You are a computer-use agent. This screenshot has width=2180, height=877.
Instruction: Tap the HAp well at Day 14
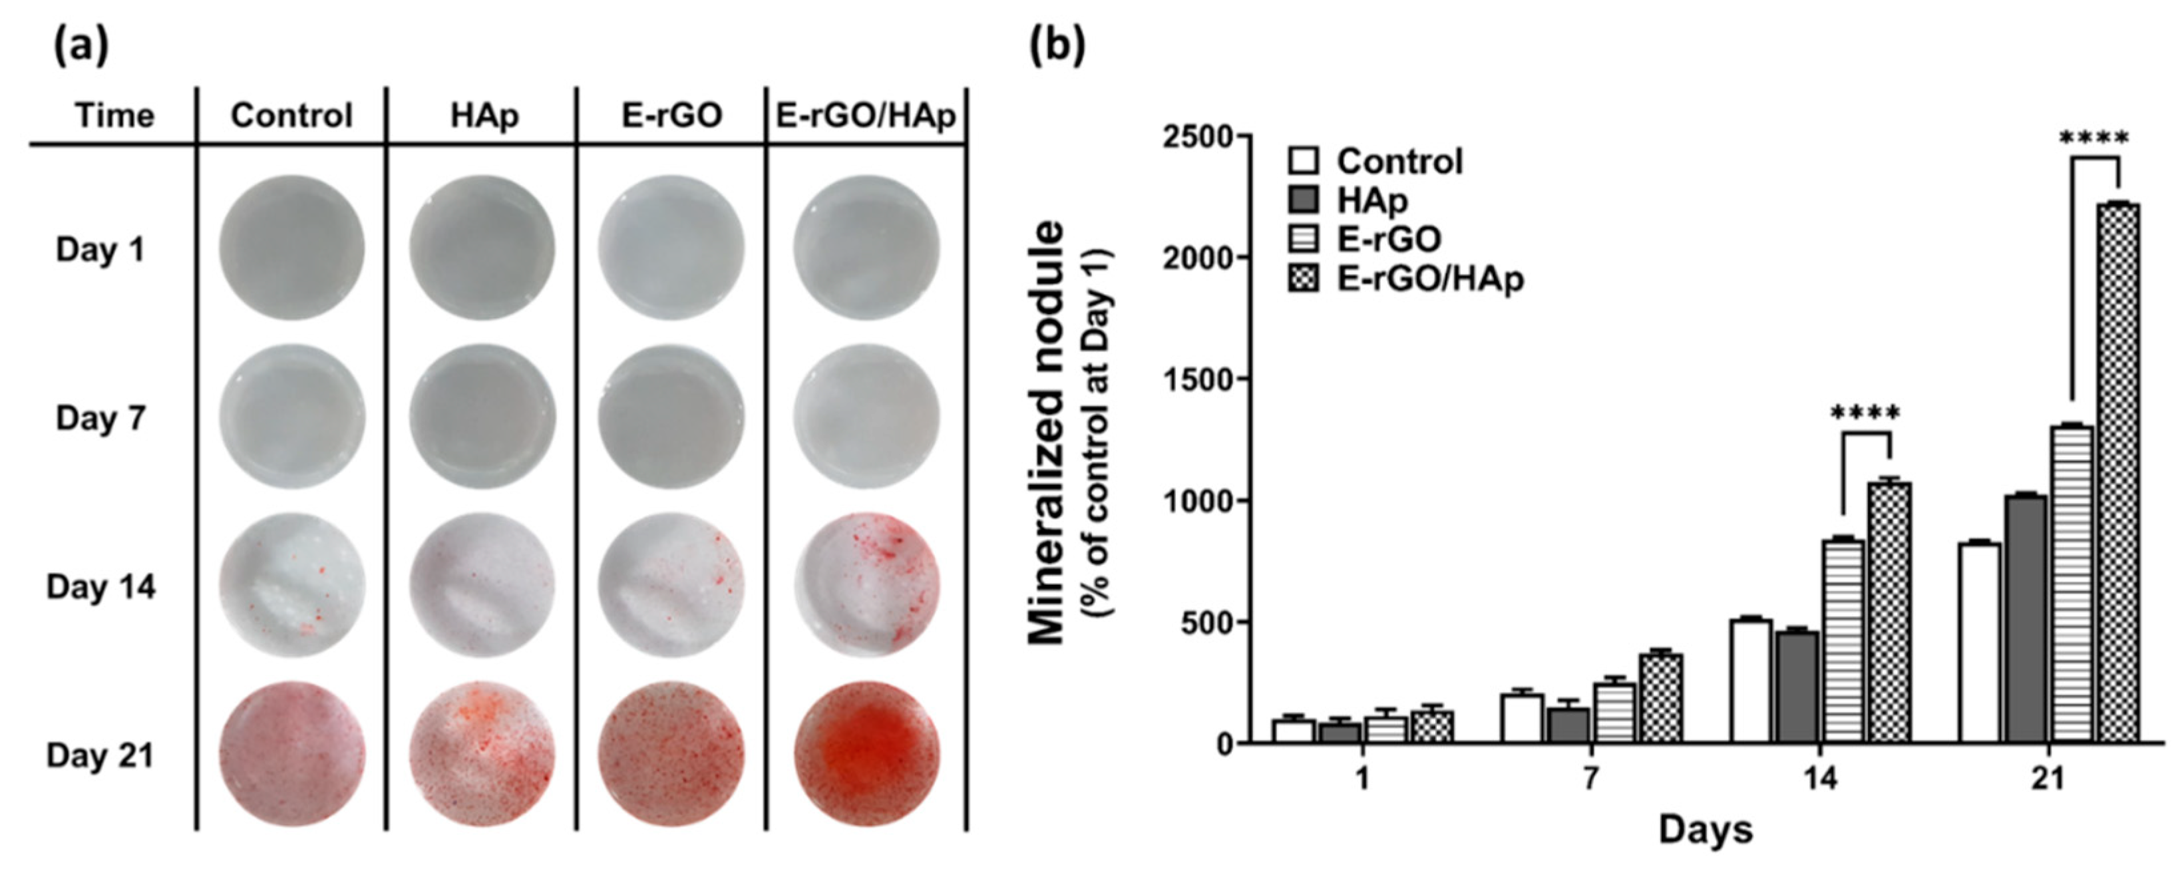482,585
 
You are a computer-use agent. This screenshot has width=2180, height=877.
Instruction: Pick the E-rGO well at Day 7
672,417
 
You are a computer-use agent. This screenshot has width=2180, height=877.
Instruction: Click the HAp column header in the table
483,116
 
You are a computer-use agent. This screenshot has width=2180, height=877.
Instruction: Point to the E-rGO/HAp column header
866,116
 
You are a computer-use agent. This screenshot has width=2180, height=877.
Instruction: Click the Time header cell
115,116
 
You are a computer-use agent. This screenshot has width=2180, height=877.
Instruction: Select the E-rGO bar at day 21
2072,584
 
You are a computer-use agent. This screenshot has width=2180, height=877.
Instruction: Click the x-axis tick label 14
1821,777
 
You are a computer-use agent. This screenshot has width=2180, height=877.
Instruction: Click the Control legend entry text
1399,161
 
